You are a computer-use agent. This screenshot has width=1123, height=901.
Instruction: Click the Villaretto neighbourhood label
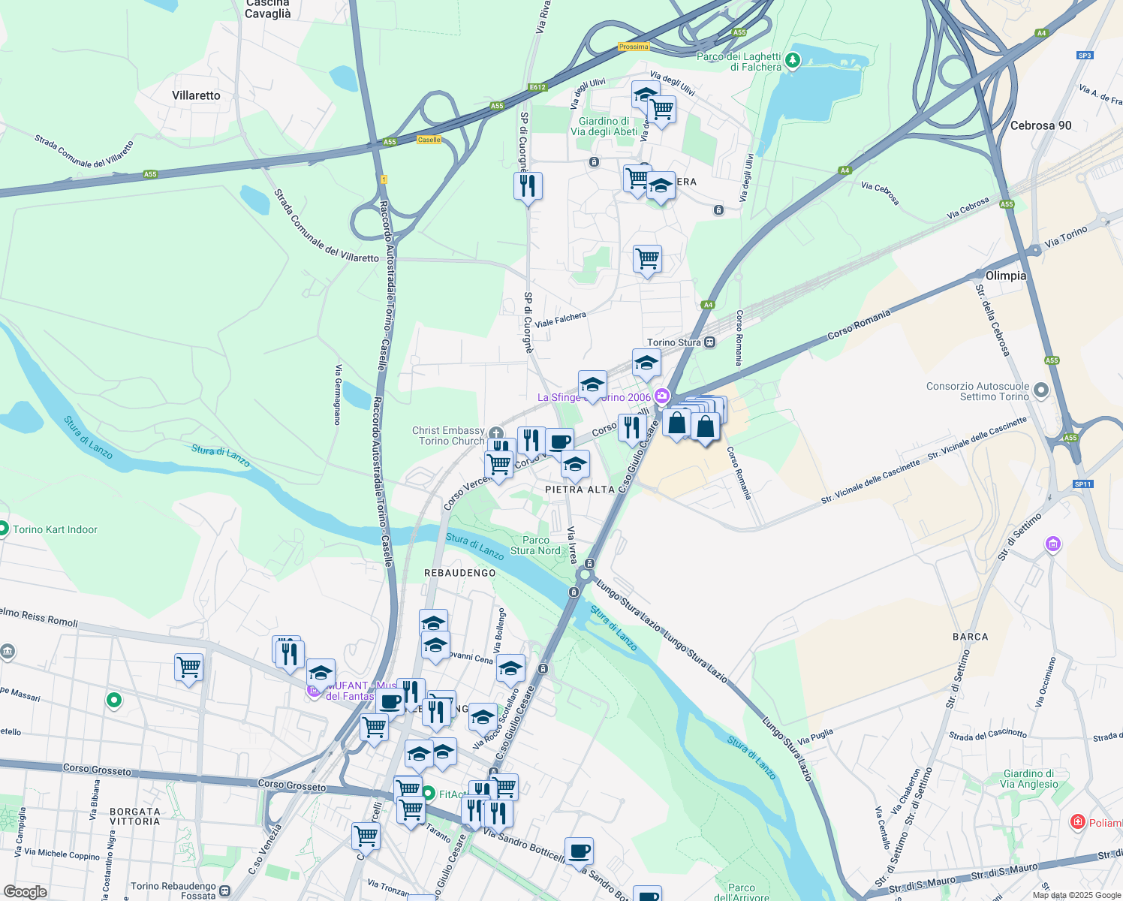(196, 95)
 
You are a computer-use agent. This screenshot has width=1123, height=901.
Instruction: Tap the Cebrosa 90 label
(1040, 125)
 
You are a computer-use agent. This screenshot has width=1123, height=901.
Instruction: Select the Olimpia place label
(1005, 276)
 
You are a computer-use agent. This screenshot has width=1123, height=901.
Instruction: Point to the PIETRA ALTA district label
(580, 490)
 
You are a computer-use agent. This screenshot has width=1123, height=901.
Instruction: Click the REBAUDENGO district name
(460, 573)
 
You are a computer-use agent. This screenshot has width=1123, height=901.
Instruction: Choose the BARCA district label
(970, 637)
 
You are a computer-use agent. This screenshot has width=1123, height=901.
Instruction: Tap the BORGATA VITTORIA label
(135, 816)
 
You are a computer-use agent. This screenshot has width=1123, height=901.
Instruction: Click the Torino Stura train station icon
(710, 342)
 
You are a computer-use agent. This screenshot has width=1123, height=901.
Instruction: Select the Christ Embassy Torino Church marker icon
(495, 434)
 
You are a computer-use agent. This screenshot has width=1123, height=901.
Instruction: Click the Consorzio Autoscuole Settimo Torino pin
(1040, 390)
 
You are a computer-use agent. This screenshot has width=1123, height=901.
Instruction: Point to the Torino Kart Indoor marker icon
(4, 529)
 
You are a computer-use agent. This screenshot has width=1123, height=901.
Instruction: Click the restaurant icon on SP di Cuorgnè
(528, 185)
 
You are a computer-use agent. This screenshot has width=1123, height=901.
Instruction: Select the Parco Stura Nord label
(535, 545)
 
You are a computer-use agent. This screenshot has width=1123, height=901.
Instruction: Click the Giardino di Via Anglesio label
(1028, 779)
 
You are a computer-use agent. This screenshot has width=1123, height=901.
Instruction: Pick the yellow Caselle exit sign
(429, 140)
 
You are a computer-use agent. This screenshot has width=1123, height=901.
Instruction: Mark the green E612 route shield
(537, 87)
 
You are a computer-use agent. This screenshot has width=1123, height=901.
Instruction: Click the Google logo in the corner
(25, 891)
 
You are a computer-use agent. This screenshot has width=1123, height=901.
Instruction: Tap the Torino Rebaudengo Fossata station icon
(224, 890)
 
